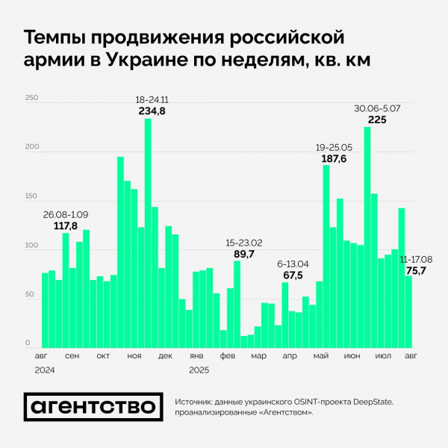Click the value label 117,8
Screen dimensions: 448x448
66,226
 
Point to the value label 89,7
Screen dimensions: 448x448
244,255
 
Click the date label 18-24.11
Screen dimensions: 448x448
152,100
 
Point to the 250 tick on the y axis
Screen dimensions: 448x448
31,99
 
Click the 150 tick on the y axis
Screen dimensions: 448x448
31,196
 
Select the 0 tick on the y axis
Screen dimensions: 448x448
28,343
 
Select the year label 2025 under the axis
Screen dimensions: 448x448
199,370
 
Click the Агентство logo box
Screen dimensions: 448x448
93,406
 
